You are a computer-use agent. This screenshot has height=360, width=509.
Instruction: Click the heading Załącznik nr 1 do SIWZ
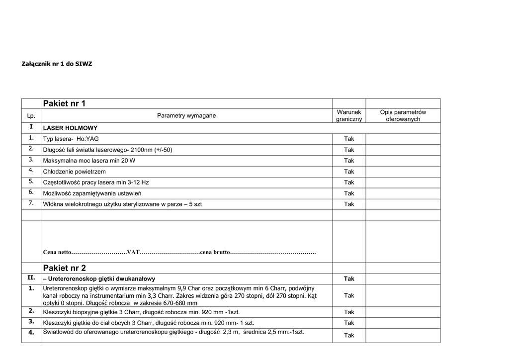click(57, 64)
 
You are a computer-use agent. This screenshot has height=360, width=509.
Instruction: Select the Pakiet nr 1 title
click(64, 103)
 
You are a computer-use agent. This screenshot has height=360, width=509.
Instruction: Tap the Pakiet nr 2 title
click(64, 268)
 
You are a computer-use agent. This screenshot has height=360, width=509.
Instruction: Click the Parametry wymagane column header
click(186, 116)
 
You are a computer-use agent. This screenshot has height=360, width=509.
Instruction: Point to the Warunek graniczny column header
click(349, 116)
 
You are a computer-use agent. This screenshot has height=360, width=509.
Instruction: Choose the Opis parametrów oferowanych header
click(403, 116)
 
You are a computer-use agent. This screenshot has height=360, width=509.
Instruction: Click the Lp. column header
click(31, 116)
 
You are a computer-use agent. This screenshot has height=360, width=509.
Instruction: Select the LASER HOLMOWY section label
click(70, 128)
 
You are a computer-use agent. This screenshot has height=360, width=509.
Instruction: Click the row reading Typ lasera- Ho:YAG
click(74, 139)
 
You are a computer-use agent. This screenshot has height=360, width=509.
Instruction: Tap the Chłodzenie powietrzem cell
click(74, 172)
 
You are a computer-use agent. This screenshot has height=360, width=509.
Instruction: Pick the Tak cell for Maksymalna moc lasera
click(349, 161)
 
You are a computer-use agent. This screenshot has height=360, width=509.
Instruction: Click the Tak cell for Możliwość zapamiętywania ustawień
click(349, 193)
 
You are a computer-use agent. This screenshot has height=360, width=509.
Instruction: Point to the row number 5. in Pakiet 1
click(31, 181)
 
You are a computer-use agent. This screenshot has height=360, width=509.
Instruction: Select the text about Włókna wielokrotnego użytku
click(122, 204)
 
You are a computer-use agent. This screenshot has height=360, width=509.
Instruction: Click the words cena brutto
click(215, 252)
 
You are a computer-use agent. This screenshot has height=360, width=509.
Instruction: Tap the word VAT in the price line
click(133, 252)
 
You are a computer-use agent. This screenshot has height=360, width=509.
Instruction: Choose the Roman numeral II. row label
click(31, 278)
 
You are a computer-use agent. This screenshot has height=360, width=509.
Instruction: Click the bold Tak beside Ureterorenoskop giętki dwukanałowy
click(349, 279)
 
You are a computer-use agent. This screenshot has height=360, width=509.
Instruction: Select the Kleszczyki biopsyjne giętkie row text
click(142, 312)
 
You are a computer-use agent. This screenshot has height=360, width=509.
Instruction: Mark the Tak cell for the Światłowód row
click(349, 335)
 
